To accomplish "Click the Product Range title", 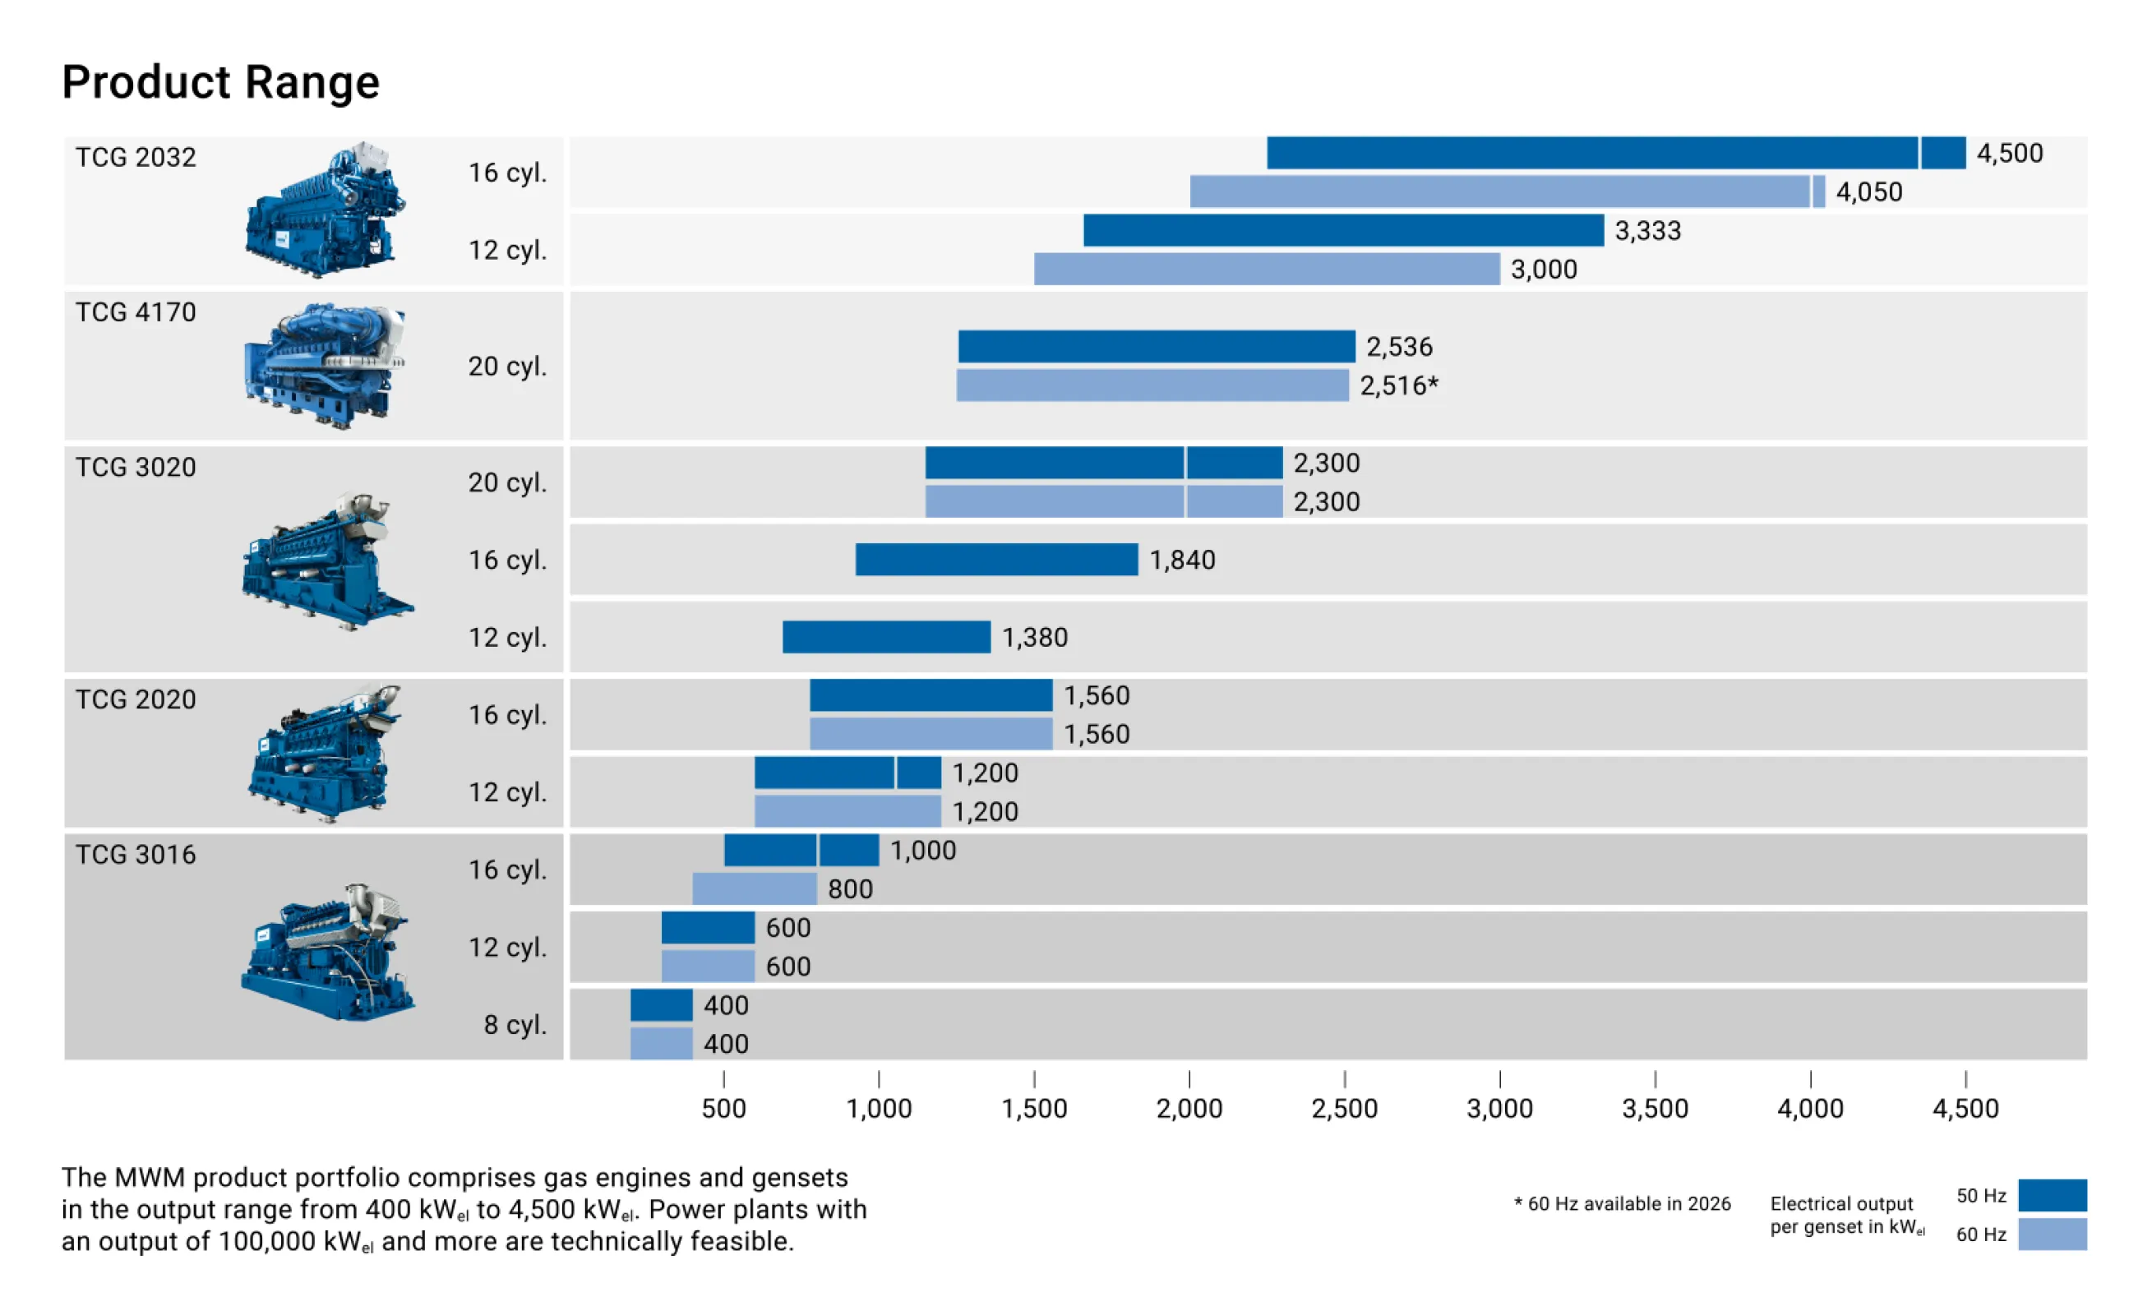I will click(221, 82).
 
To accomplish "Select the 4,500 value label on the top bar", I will click(2009, 154).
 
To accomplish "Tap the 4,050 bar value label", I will click(1868, 192).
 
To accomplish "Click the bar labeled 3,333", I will click(1342, 230).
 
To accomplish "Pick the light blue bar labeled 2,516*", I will click(1152, 385).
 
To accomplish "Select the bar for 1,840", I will click(995, 560).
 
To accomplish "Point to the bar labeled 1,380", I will click(885, 638).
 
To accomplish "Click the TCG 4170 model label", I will click(136, 312).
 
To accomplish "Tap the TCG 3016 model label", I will click(136, 855).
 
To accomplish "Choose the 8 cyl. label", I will click(515, 1024).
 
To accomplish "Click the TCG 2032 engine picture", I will click(325, 210).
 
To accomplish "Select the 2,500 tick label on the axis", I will click(1344, 1109).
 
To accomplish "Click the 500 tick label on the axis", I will click(723, 1109).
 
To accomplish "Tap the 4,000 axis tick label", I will click(1810, 1109).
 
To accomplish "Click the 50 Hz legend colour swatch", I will click(2052, 1195).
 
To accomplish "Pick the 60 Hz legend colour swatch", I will click(2052, 1234).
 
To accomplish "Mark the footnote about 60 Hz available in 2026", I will click(1622, 1204).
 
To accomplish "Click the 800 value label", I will click(850, 889).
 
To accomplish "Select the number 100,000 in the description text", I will click(267, 1242).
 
